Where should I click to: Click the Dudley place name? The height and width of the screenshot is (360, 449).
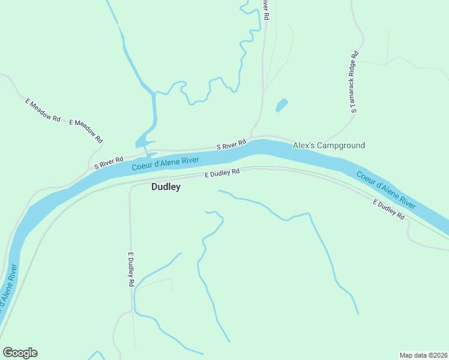(166, 187)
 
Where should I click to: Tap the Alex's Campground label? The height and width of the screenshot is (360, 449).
(328, 146)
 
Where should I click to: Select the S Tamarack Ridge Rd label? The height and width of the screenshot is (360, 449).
(354, 82)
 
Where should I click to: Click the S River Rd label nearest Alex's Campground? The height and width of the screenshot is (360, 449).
(232, 145)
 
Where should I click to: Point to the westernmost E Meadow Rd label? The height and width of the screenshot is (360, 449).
(43, 109)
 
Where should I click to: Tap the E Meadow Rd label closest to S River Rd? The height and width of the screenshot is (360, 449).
(86, 130)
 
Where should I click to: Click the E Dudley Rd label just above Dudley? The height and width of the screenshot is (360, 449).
(222, 173)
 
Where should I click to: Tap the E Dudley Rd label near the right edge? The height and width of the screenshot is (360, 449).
(389, 209)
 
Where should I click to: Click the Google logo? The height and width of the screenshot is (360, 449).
(20, 353)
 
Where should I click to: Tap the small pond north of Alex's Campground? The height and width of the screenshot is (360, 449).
(281, 106)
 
